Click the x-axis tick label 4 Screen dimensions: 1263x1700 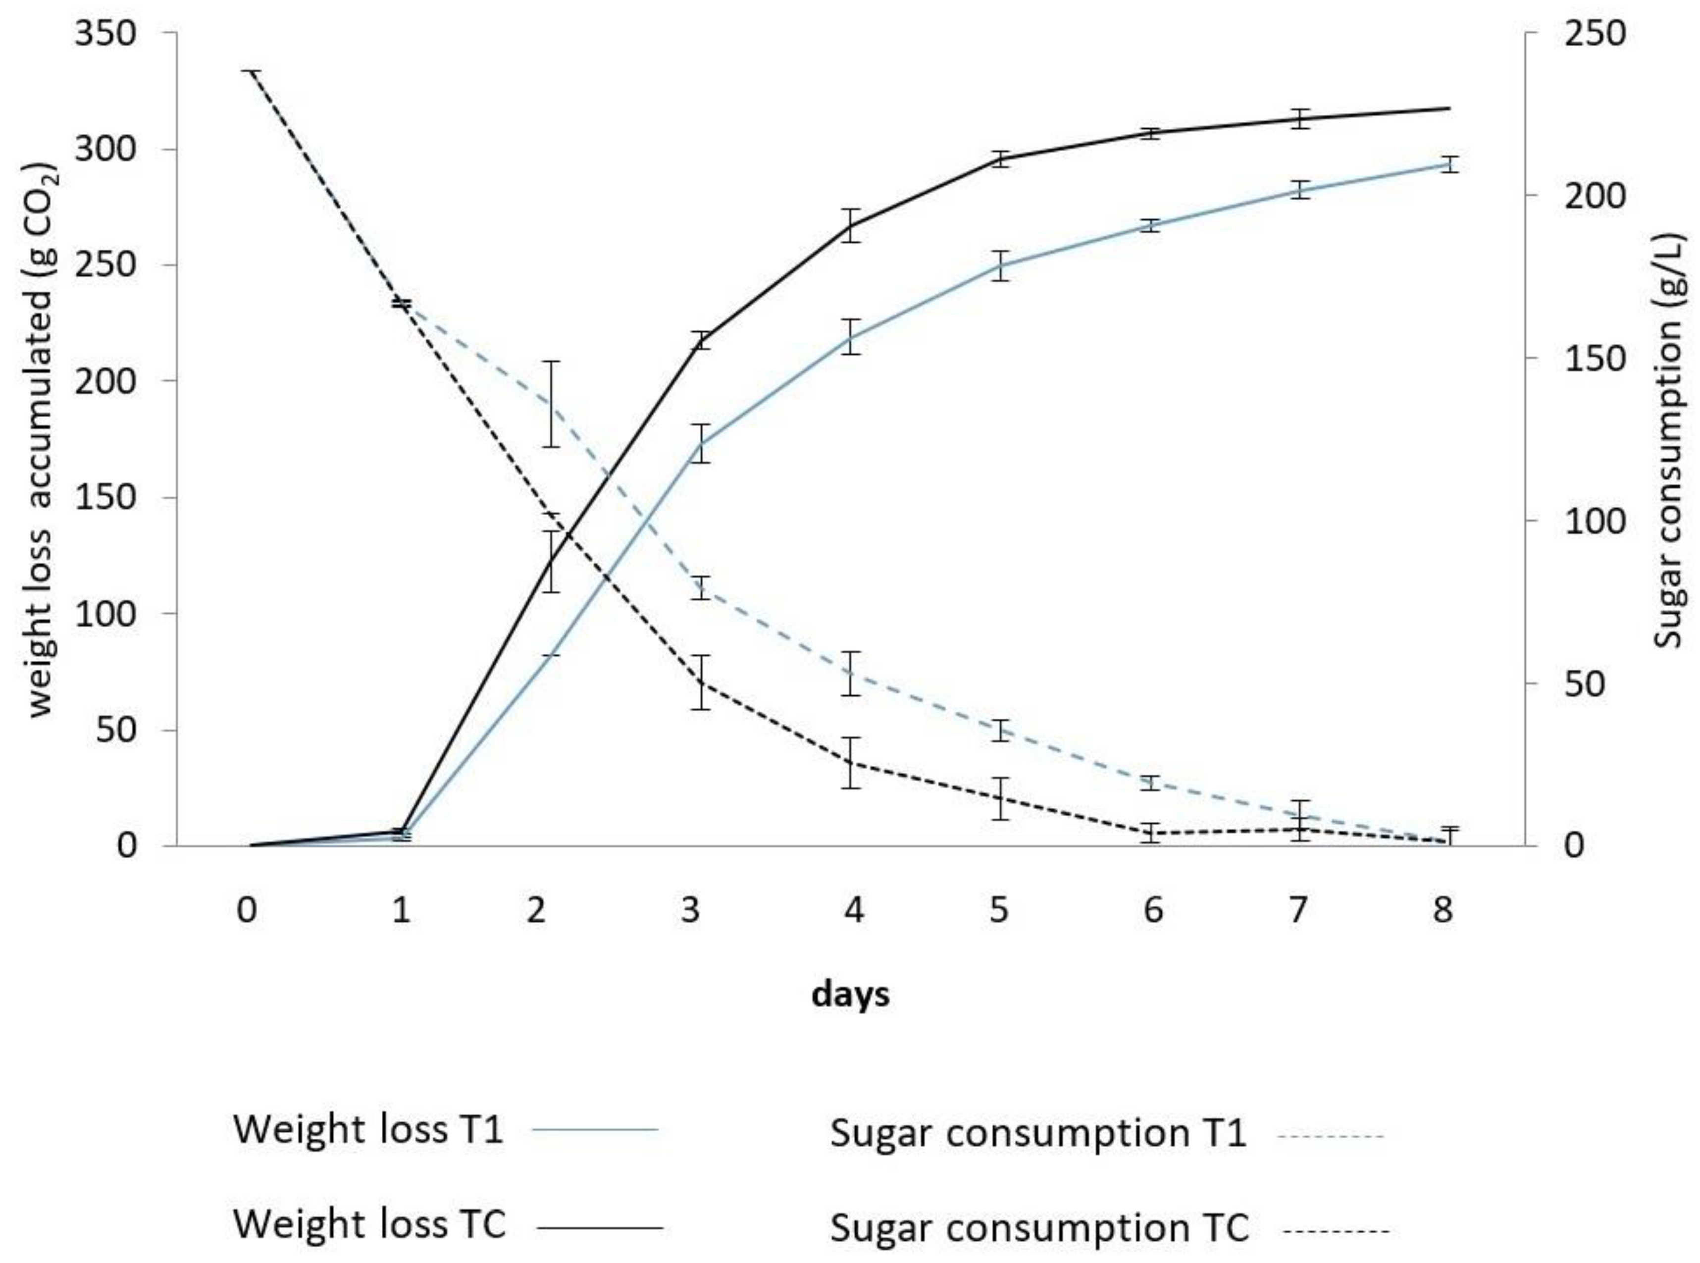[854, 910]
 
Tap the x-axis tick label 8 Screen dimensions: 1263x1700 [1442, 910]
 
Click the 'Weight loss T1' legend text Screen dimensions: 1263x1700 [368, 1129]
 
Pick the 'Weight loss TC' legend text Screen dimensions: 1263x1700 [369, 1224]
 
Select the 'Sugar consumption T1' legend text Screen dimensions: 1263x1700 [1038, 1133]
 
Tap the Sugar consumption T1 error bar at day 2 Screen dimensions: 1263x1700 [552, 404]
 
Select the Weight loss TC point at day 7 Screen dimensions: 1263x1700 [1299, 118]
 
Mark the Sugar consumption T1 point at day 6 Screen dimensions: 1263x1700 [1151, 782]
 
